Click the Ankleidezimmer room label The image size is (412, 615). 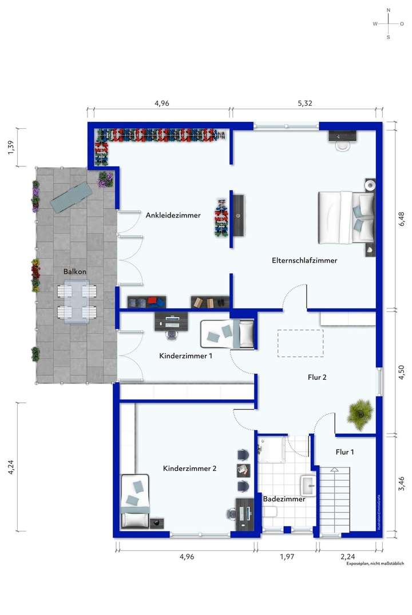click(x=173, y=216)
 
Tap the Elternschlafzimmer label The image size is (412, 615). click(x=304, y=260)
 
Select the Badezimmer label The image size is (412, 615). click(x=284, y=499)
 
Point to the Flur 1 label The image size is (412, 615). click(x=344, y=452)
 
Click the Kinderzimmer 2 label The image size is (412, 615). click(x=189, y=469)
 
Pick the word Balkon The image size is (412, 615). click(x=76, y=272)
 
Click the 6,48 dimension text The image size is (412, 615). click(x=401, y=215)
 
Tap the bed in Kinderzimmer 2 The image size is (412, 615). click(x=136, y=501)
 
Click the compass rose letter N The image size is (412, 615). click(x=389, y=10)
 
